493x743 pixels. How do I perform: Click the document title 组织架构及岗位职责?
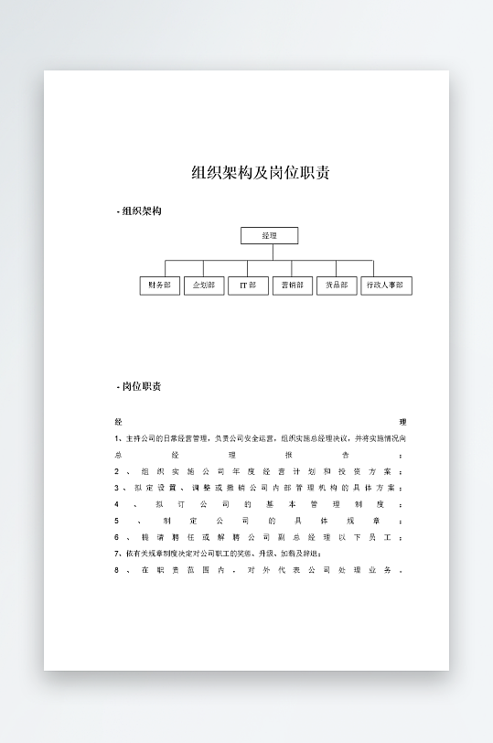point(261,173)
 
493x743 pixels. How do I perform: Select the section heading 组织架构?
point(142,211)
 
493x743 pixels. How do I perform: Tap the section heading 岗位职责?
point(142,386)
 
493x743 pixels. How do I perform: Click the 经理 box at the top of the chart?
point(269,236)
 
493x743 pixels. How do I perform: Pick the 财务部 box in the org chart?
point(159,285)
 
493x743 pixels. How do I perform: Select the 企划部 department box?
point(204,285)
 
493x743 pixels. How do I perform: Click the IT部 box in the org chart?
point(248,285)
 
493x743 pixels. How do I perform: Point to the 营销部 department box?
point(293,285)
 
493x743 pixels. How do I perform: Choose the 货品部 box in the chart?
point(336,285)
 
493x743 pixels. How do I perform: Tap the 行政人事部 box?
point(386,285)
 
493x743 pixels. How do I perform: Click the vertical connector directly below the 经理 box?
point(269,253)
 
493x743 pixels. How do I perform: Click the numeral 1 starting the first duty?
point(117,438)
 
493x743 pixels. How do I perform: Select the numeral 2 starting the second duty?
point(117,471)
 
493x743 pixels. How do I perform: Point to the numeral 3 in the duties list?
point(117,488)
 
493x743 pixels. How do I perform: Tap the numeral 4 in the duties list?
point(117,504)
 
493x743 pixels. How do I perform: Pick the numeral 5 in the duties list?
point(117,521)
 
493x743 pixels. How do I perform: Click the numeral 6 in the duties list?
point(117,537)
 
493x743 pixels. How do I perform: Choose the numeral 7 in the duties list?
point(117,554)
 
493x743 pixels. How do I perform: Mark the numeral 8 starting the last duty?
point(117,570)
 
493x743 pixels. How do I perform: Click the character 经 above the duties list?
point(118,422)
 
